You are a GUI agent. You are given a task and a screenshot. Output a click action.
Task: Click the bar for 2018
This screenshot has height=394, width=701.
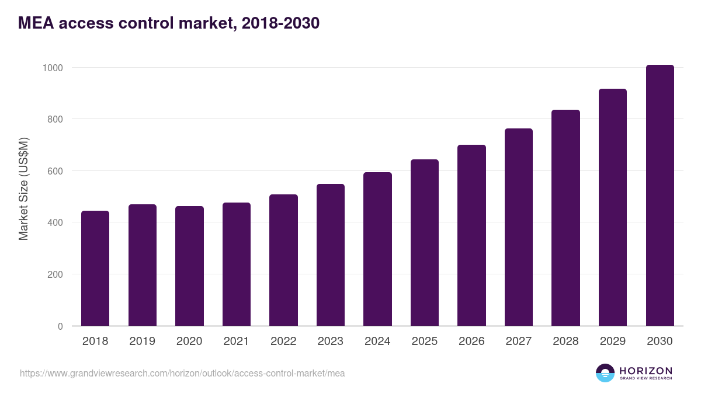point(95,269)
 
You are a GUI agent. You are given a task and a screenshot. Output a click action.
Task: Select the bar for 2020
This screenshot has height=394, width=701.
point(189,266)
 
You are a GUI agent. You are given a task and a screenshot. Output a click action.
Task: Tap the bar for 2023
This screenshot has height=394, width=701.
point(331,255)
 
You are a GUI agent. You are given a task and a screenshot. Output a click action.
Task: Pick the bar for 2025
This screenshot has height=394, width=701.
point(425,243)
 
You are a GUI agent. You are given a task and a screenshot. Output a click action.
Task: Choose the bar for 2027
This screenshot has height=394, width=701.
point(519,227)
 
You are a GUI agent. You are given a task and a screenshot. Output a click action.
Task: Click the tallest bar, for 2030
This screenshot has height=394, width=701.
point(660,196)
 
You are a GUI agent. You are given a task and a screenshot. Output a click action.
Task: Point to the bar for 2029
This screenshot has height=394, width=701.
point(613,207)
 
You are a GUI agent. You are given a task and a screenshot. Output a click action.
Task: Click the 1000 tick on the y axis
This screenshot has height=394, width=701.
point(53,68)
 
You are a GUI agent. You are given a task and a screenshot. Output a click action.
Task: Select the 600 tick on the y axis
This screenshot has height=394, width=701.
point(55,171)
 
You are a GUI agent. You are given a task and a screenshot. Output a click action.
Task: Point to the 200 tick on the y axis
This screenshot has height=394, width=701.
point(55,274)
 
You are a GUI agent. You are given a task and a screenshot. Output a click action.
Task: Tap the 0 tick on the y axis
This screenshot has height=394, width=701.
point(60,326)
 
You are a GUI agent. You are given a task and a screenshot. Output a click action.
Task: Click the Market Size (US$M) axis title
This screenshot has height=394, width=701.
point(23,189)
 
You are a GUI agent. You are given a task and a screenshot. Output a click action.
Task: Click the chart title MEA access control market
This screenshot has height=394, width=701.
point(169,23)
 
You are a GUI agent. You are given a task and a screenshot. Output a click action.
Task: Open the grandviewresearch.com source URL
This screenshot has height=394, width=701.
point(182,373)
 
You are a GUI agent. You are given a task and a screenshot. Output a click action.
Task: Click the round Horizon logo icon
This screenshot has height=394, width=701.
point(605,373)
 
